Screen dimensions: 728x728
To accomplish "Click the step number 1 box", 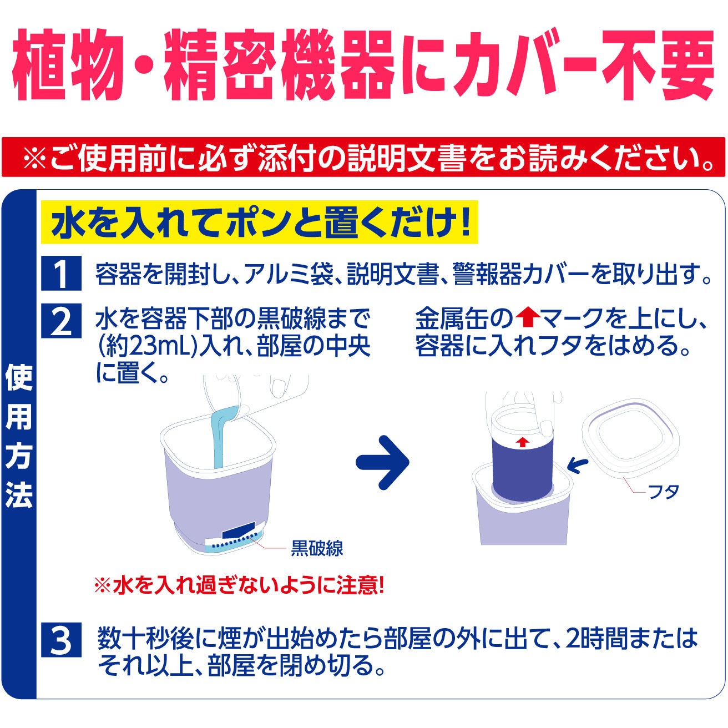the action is [x=61, y=273].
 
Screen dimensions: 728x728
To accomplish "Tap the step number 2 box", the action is [x=61, y=320].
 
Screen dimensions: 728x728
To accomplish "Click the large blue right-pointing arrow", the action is [x=382, y=462].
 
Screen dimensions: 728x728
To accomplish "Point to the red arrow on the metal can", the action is [x=523, y=442].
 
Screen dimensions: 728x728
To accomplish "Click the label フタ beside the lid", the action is [x=664, y=492].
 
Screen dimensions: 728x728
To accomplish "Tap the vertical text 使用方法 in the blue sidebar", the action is [x=18, y=436].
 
